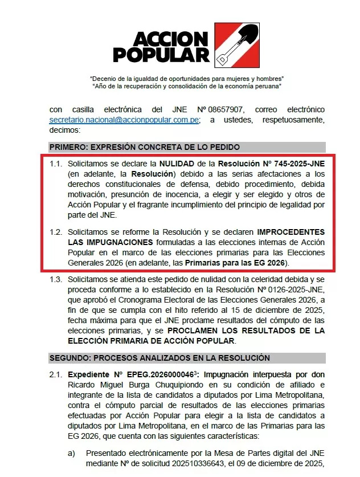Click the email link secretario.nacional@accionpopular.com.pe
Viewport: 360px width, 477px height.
click(x=124, y=120)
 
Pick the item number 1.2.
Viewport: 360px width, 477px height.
click(x=56, y=233)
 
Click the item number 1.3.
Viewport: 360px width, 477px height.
click(x=56, y=280)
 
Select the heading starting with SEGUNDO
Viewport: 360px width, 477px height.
click(x=159, y=358)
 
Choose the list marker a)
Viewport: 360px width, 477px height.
click(x=72, y=452)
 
